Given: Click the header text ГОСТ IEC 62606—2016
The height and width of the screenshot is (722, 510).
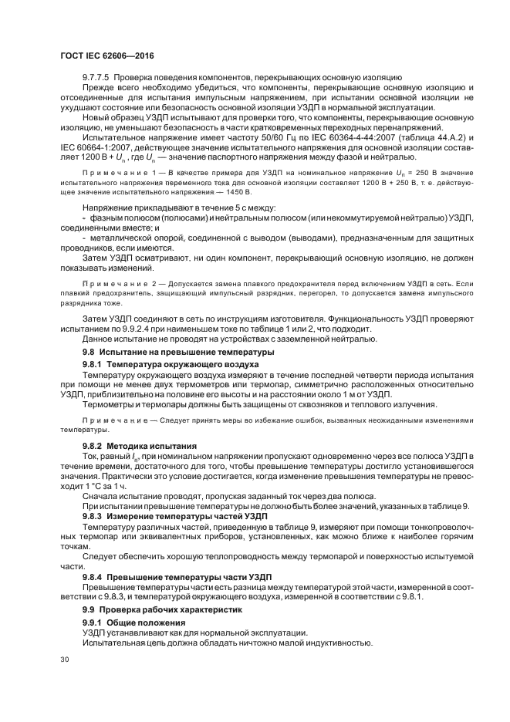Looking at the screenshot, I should pyautogui.click(x=96, y=56).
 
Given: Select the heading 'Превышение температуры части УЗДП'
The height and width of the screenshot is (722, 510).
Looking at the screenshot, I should pyautogui.click(x=188, y=577).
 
